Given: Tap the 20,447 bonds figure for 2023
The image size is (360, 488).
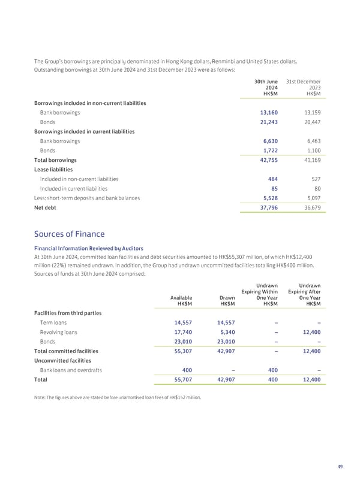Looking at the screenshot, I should pos(310,122).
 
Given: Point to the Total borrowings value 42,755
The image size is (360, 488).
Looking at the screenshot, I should pos(267,160).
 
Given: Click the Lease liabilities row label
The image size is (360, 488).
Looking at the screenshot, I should pos(55,170).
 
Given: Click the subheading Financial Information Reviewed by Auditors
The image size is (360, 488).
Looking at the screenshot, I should pos(88,248).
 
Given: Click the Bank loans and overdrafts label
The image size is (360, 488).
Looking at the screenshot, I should pos(71,370).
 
